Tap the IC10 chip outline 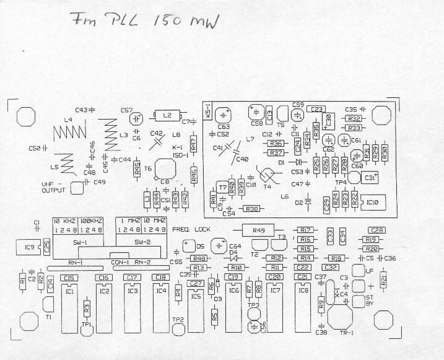[x=373, y=201]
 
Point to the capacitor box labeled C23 [x=317, y=108]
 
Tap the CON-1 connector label [x=119, y=262]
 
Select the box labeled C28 [x=377, y=230]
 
